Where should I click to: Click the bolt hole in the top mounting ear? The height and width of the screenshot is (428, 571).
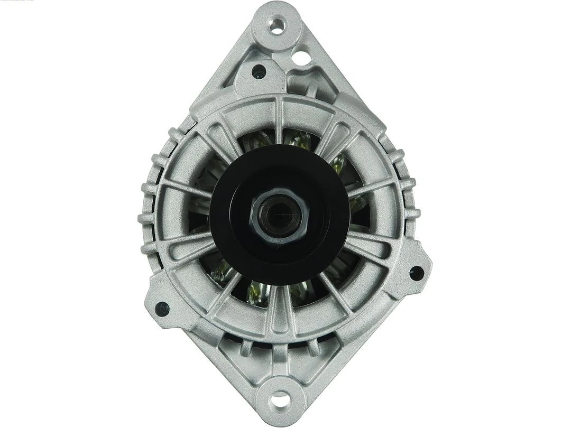(277, 25)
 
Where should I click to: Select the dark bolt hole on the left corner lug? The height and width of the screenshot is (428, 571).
(161, 309)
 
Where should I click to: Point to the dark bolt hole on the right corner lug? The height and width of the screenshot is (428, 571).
(416, 273)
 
